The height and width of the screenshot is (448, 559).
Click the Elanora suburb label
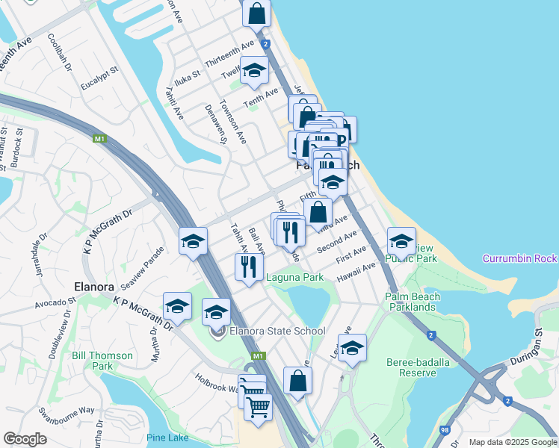point(93,286)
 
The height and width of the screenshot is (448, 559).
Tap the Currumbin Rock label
point(519,259)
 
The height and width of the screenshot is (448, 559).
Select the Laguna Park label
point(295,278)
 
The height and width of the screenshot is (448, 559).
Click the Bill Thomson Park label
point(102,361)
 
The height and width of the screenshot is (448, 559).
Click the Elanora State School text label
point(277,331)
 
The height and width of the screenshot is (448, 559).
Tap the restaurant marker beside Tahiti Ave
point(248,267)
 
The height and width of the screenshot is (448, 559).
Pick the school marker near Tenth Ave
point(254,71)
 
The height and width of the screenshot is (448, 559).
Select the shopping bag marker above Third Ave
point(318,211)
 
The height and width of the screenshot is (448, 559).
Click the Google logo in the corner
point(25,439)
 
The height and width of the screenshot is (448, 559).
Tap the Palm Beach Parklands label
point(410,302)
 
